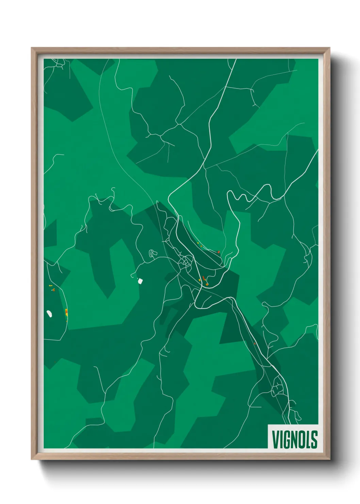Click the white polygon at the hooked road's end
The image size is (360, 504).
click(140, 281)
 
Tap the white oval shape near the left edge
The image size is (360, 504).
click(49, 313)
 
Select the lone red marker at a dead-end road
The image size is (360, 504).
click(218, 252)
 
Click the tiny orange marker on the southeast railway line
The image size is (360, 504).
click(255, 344)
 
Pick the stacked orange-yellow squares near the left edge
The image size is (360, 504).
click(66, 312)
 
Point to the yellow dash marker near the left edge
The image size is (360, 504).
click(50, 285)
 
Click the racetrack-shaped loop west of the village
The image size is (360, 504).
click(152, 253)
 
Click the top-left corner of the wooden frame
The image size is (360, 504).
click(32, 48)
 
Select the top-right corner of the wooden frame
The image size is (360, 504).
click(329, 48)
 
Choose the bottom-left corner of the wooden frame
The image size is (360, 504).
click(32, 459)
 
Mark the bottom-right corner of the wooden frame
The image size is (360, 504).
click(329, 459)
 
